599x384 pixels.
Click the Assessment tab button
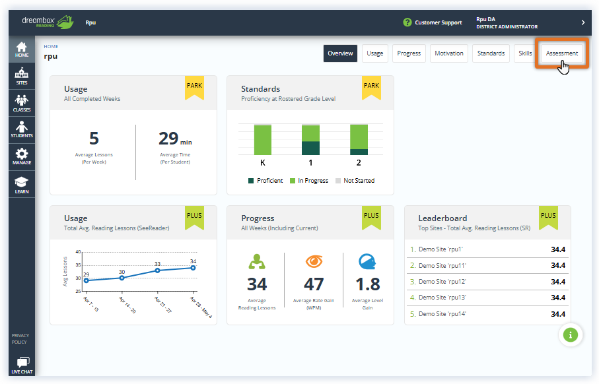point(562,53)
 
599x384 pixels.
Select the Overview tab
point(340,53)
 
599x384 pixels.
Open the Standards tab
point(490,53)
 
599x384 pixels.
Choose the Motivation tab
point(449,53)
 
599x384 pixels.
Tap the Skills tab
point(525,53)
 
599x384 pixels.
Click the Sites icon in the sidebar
point(22,77)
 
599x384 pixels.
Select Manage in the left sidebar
point(22,156)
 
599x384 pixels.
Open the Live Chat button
point(22,365)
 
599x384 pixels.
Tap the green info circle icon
point(571,335)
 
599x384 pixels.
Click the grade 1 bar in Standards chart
point(310,139)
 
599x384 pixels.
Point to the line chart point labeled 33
point(158,270)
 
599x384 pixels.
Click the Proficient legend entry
point(265,181)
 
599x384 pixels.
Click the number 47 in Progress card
point(314,284)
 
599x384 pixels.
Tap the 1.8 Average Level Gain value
point(368,284)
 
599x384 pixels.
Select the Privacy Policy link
point(20,338)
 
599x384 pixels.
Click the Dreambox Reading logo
point(47,22)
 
